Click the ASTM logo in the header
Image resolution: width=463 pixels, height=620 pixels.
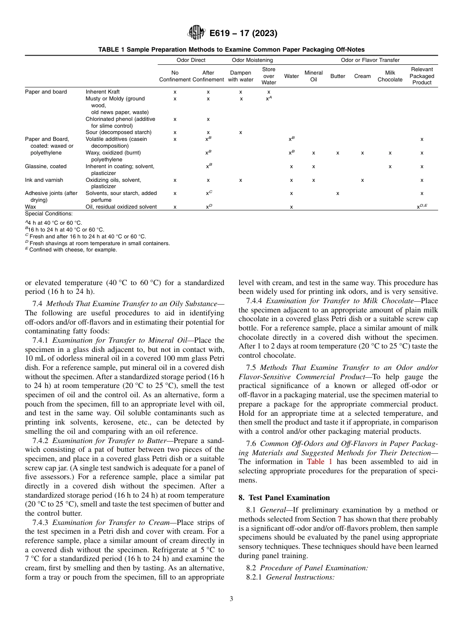point(196,33)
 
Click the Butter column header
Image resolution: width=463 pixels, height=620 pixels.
point(338,77)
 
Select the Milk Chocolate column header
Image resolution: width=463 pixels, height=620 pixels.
point(390,77)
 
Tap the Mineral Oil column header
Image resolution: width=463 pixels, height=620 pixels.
point(313,77)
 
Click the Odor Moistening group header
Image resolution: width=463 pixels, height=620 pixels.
point(252,60)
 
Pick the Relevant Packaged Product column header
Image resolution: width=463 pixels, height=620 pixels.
point(422,77)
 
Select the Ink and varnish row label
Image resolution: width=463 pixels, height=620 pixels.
point(44,180)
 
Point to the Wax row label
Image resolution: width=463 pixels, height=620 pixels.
point(30,207)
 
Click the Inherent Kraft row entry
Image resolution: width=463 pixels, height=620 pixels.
point(102,92)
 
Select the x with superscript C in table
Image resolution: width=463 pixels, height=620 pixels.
point(209,193)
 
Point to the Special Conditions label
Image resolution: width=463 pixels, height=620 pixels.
point(49,213)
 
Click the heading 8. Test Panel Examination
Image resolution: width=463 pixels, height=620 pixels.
point(284,498)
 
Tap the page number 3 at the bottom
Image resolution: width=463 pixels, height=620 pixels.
point(231,599)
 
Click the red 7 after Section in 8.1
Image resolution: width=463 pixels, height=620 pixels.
point(340,520)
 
